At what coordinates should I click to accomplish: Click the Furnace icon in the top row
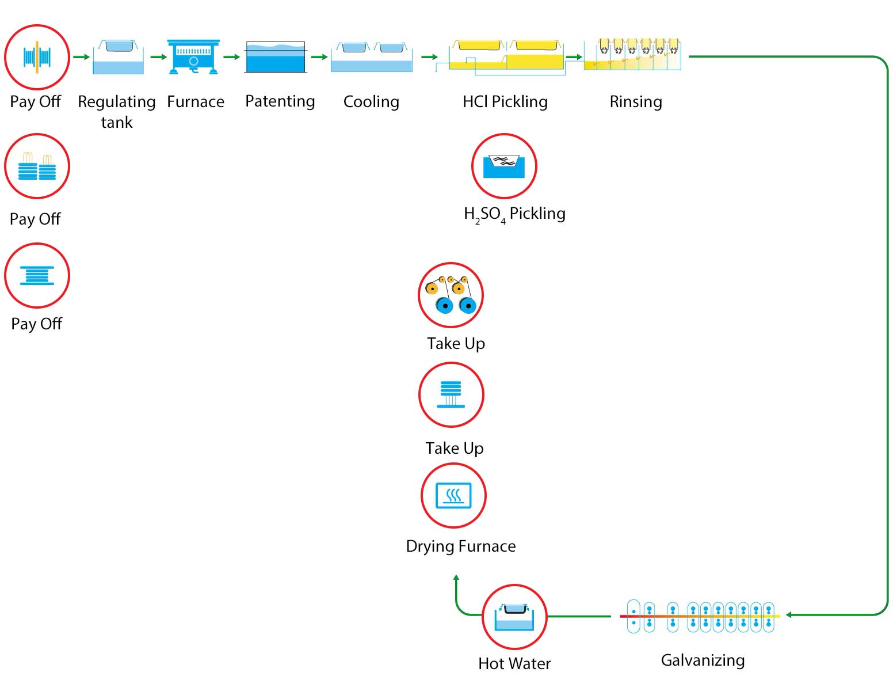(x=193, y=56)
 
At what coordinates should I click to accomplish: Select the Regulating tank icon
(x=118, y=57)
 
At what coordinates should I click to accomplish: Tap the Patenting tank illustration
(x=276, y=57)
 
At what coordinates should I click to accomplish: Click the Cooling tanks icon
(x=372, y=56)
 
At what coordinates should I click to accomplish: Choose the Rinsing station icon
(x=632, y=55)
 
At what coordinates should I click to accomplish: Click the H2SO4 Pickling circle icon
(x=504, y=166)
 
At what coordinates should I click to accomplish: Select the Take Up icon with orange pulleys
(x=451, y=295)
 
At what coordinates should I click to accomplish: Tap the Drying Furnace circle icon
(x=453, y=496)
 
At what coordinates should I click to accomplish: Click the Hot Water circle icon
(x=514, y=617)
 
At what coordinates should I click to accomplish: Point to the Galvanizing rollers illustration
(x=700, y=617)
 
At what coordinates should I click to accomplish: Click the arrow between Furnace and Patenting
(x=231, y=57)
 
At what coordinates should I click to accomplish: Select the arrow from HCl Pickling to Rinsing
(x=574, y=57)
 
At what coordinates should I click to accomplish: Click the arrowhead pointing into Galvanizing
(x=789, y=615)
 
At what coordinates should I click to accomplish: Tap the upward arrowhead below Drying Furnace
(x=456, y=578)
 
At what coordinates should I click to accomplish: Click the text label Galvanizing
(x=703, y=660)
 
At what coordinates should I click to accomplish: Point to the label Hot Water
(x=514, y=663)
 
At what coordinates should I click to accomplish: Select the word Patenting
(x=280, y=101)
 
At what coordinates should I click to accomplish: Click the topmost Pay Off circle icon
(x=37, y=57)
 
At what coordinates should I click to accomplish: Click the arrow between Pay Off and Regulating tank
(x=81, y=57)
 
